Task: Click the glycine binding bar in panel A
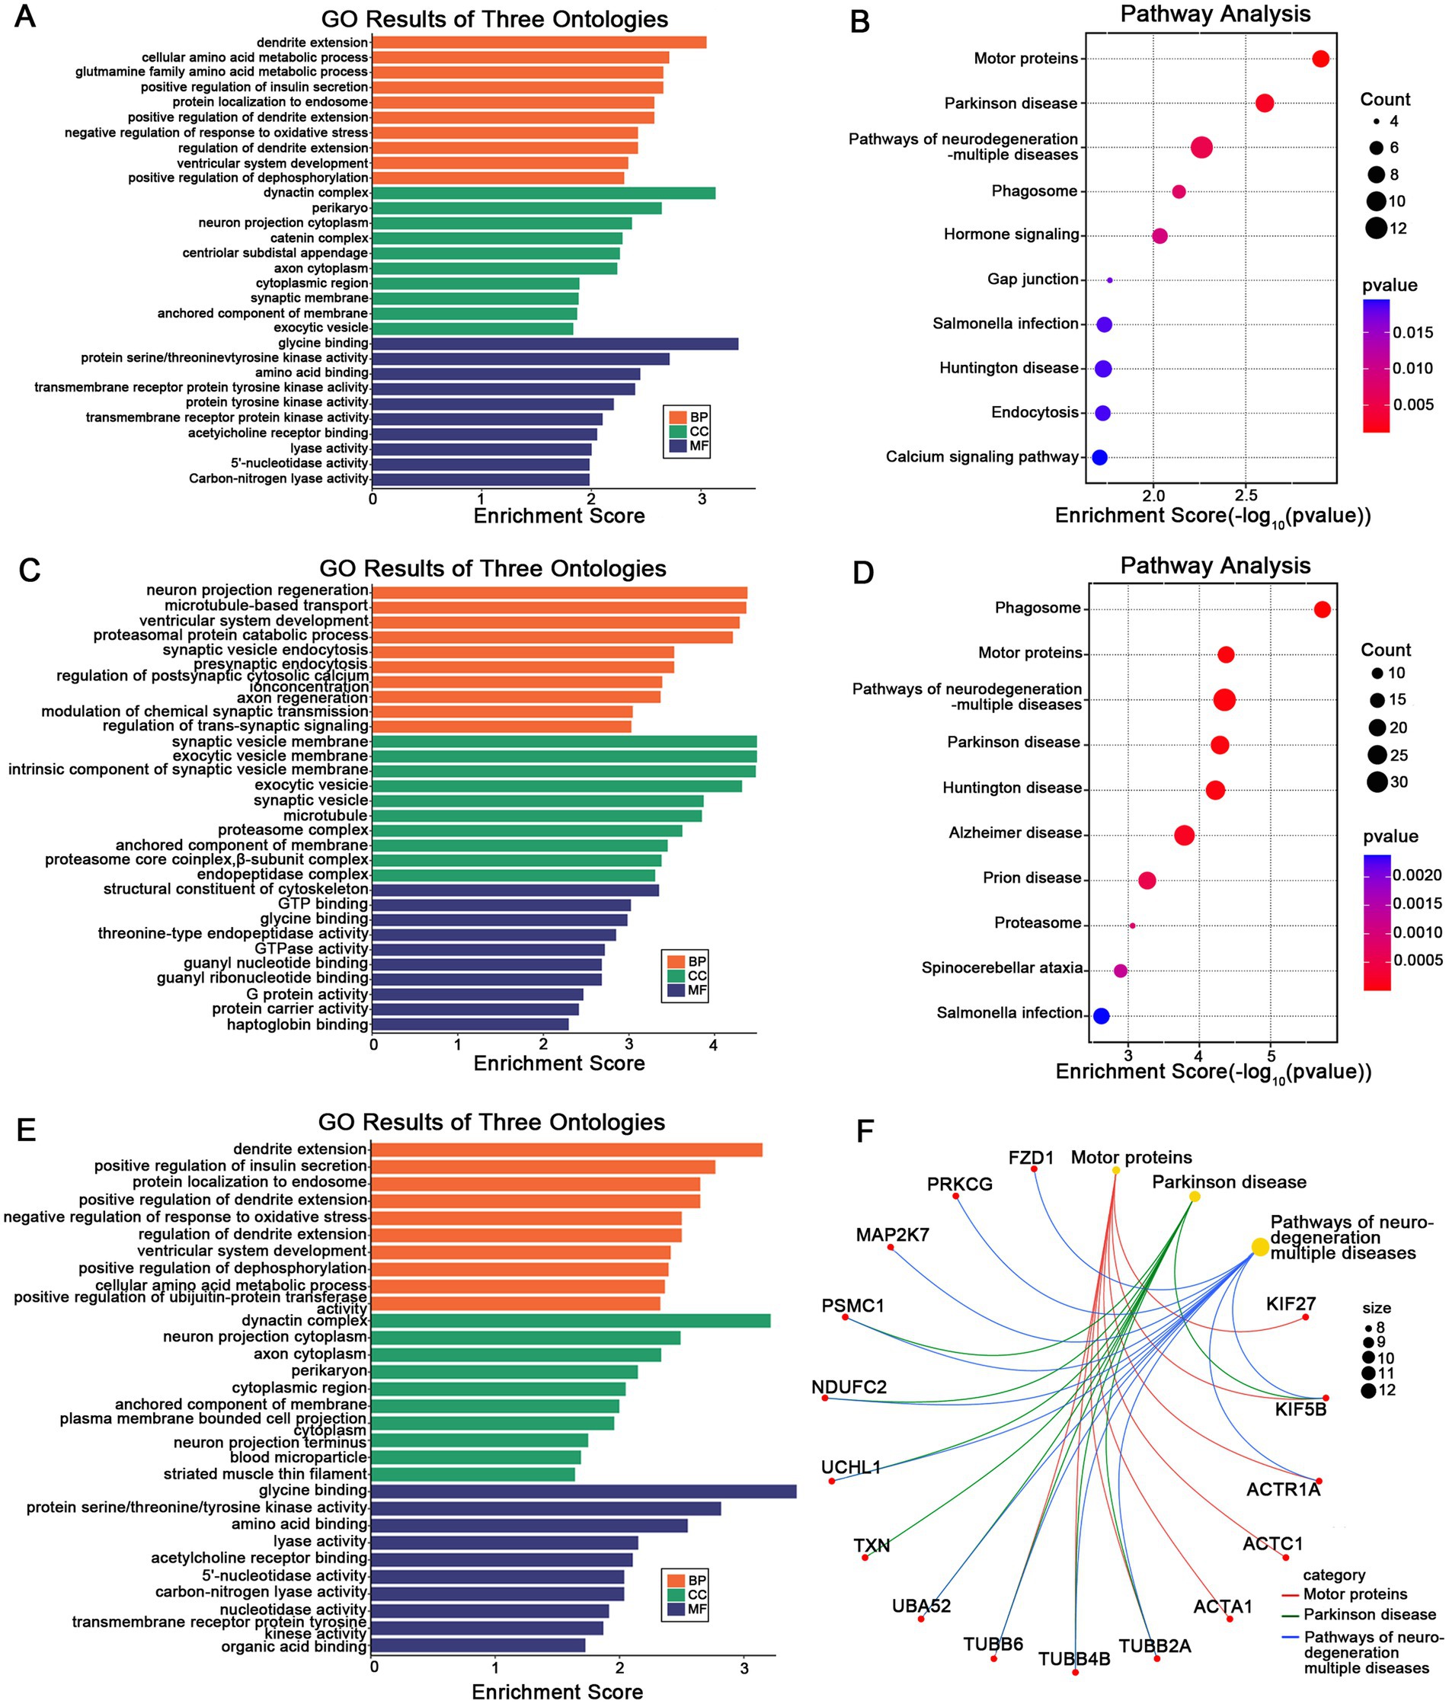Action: (x=555, y=344)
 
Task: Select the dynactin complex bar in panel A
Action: (x=543, y=193)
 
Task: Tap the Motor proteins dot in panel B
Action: (x=1321, y=59)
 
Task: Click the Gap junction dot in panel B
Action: (x=1110, y=280)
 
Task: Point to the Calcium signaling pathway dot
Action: (x=1100, y=457)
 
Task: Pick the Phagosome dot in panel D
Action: (x=1323, y=609)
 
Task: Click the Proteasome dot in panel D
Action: (x=1132, y=926)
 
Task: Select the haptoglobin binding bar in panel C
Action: (x=470, y=1024)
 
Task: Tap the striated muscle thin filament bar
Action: (x=472, y=1474)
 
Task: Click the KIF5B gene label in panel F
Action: (x=1300, y=1410)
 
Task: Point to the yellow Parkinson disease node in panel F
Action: (x=1195, y=1197)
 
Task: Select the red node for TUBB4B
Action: (x=1075, y=1672)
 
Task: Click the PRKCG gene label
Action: (x=959, y=1184)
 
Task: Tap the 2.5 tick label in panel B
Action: (x=1246, y=496)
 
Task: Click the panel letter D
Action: (x=862, y=572)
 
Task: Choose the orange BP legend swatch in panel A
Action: (x=678, y=417)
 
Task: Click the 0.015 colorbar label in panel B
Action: (x=1413, y=333)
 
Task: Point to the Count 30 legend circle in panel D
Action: (x=1377, y=782)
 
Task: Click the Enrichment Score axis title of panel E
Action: (x=557, y=1692)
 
